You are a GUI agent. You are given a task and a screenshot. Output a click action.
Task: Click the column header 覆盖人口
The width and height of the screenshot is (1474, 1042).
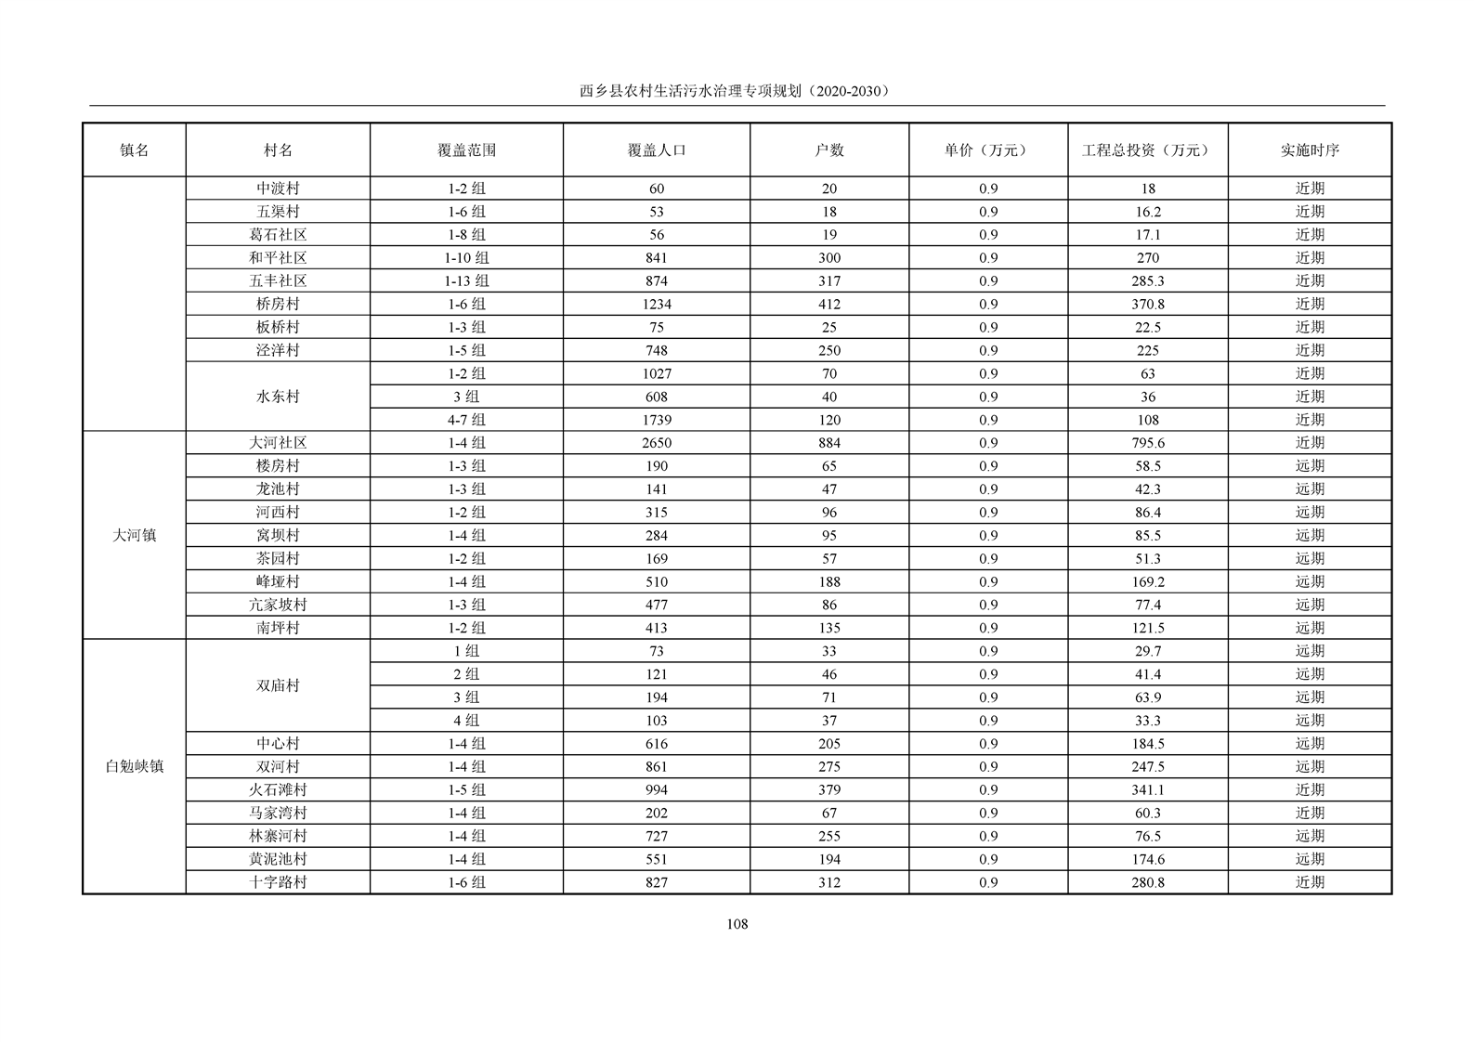coord(656,150)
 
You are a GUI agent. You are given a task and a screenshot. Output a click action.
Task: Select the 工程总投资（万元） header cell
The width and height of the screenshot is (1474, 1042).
coord(1147,150)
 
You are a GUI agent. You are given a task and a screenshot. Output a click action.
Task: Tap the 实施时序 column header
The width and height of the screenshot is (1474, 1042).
coord(1310,150)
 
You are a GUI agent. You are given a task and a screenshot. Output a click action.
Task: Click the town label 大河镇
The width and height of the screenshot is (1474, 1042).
coord(135,536)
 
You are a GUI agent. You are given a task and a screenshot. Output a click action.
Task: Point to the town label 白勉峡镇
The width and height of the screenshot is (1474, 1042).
coord(135,767)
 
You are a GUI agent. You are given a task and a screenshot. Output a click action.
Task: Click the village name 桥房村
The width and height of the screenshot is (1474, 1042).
coord(278,304)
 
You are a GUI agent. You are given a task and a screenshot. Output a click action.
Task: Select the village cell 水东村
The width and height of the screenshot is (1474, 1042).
coord(278,397)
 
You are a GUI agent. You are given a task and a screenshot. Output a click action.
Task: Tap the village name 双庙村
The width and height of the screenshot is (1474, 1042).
coord(278,686)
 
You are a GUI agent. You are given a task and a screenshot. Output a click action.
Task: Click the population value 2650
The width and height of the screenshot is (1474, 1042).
coord(656,443)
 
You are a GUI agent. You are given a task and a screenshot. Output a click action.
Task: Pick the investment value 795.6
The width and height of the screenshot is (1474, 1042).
coord(1147,443)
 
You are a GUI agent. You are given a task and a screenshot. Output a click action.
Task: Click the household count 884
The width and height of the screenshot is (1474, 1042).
coord(828,443)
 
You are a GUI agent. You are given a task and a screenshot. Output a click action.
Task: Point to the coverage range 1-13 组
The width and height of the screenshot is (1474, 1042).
coord(466,280)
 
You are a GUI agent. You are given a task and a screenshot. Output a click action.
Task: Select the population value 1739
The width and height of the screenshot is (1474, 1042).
coord(656,420)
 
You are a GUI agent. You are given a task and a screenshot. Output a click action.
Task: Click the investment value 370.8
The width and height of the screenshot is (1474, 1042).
coord(1147,304)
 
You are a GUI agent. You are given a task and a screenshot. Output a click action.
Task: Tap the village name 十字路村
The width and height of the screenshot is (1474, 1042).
coord(278,882)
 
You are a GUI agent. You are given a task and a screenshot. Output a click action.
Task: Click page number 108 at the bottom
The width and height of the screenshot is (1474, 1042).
coord(737,924)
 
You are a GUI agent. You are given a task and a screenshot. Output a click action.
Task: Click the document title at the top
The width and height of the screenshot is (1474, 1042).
coord(736,91)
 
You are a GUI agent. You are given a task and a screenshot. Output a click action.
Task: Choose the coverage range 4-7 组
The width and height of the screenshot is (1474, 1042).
coord(466,420)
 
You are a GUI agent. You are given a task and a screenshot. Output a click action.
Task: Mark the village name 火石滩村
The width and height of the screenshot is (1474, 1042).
coord(278,790)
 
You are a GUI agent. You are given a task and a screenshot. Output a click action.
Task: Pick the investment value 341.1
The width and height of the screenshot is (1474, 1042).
coord(1147,790)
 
